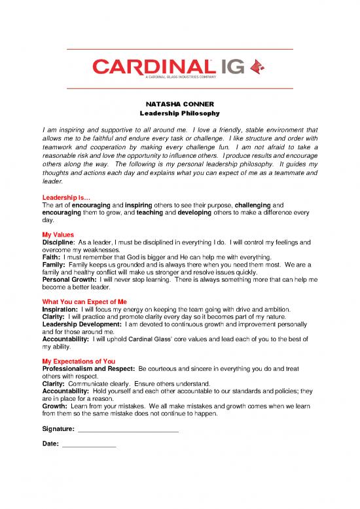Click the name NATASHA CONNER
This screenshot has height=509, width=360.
[x=179, y=104]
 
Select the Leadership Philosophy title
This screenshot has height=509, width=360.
[x=179, y=113]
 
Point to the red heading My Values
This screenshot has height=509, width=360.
[x=57, y=235]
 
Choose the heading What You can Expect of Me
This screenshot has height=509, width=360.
[x=84, y=301]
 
